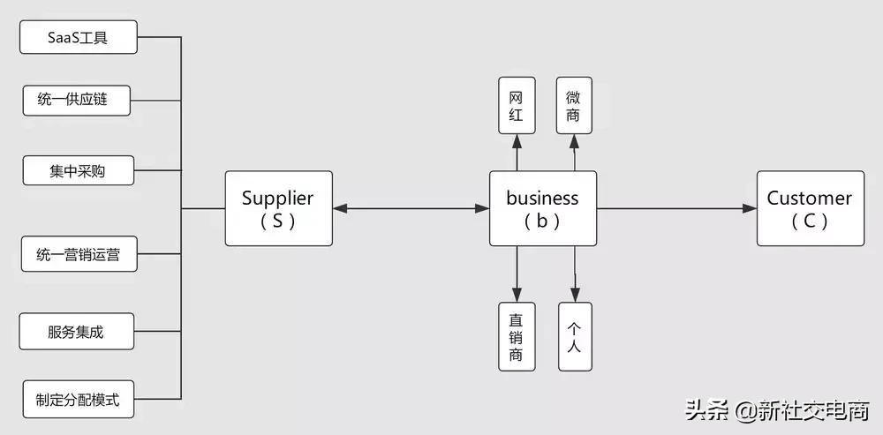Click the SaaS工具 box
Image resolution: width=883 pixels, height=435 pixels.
[x=78, y=38]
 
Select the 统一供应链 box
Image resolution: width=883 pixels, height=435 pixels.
[x=78, y=100]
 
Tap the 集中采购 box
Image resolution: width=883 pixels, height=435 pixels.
[x=78, y=170]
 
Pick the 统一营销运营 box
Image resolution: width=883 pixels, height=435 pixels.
[x=78, y=256]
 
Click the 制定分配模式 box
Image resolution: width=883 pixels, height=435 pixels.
[x=78, y=399]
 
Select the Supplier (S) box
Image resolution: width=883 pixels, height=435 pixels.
[x=277, y=208]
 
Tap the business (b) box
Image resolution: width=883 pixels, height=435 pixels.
[x=542, y=208]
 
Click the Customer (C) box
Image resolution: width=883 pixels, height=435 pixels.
[x=809, y=208]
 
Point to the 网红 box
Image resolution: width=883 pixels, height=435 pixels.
[x=517, y=105]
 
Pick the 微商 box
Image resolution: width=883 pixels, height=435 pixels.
[x=574, y=105]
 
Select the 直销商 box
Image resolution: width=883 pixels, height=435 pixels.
[x=517, y=336]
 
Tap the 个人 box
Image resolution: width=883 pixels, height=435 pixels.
[x=574, y=336]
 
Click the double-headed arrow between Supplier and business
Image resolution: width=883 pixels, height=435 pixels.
[x=411, y=208]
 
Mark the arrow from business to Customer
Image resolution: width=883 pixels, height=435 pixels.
[x=676, y=208]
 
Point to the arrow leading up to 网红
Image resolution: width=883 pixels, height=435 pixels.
[x=517, y=152]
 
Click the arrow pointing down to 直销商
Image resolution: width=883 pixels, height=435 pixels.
[x=517, y=274]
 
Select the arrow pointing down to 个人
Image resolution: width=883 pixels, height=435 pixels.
[x=575, y=274]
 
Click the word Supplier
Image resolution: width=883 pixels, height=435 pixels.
[x=277, y=199]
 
